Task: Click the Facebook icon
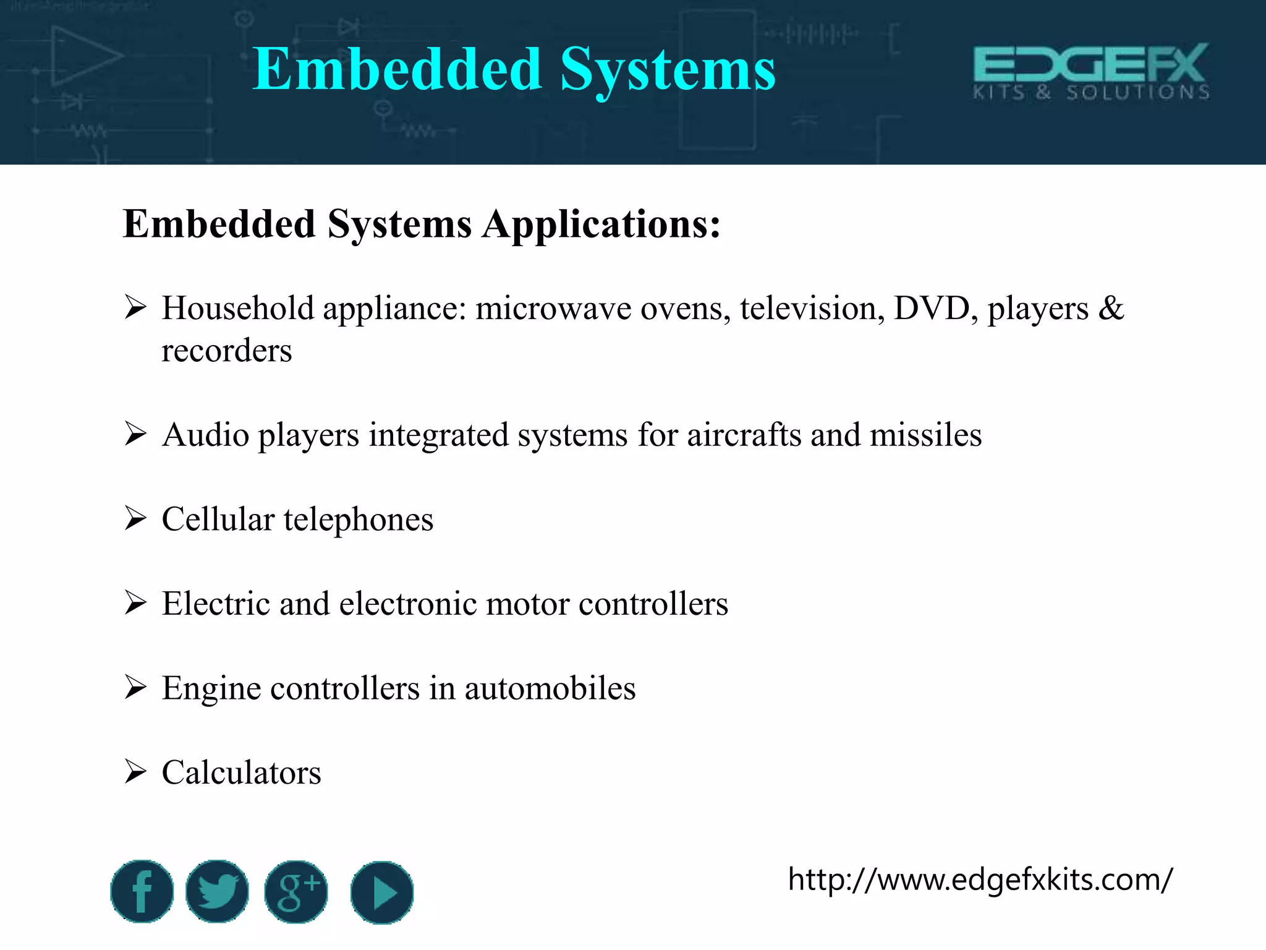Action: tap(142, 891)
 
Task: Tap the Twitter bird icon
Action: tap(218, 891)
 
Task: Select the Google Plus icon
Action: tap(296, 891)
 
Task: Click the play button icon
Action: tap(382, 892)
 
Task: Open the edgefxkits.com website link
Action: tap(980, 879)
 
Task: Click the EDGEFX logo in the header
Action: tap(1091, 72)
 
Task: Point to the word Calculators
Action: tap(241, 772)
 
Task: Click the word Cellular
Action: tap(218, 519)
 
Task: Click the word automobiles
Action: tap(550, 688)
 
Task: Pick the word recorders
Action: tap(226, 351)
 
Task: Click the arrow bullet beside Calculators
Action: tap(135, 772)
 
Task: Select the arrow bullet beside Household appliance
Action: tap(135, 307)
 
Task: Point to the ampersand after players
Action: tap(1111, 308)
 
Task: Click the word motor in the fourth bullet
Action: tap(527, 604)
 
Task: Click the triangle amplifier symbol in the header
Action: tap(83, 57)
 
